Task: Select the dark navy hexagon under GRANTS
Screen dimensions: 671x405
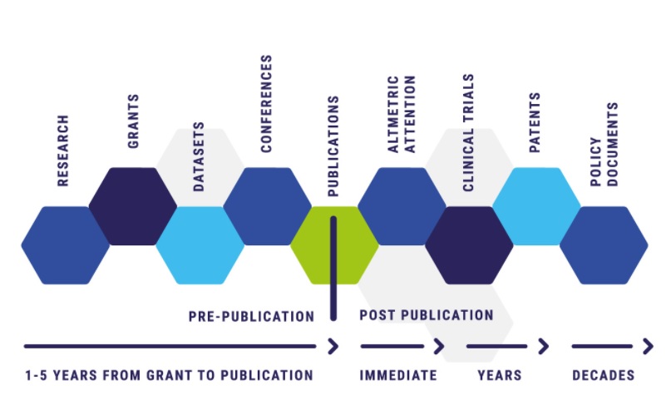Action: point(133,206)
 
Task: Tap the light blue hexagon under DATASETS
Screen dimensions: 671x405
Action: point(200,245)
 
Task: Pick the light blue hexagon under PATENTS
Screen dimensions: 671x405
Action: point(536,206)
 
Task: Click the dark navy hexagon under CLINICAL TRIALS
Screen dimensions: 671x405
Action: point(469,245)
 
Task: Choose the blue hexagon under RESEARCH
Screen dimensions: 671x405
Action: point(66,245)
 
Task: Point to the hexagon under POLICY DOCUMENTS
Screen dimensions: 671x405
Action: point(604,245)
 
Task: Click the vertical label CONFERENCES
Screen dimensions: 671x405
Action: point(267,104)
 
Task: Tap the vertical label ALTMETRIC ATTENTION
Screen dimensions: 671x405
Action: point(402,114)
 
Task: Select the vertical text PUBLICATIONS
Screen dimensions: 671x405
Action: point(333,146)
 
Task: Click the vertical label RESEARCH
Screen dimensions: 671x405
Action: point(63,151)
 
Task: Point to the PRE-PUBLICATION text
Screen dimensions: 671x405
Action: point(252,316)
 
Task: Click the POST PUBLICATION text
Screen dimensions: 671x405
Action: point(427,315)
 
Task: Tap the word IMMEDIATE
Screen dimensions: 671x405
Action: point(398,375)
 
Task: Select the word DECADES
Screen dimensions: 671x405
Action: point(604,375)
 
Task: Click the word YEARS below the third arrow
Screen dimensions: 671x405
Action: point(500,375)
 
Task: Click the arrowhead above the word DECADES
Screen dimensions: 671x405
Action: point(649,346)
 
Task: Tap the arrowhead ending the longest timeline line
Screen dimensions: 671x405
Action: point(333,346)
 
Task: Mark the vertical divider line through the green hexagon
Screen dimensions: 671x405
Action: point(333,269)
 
